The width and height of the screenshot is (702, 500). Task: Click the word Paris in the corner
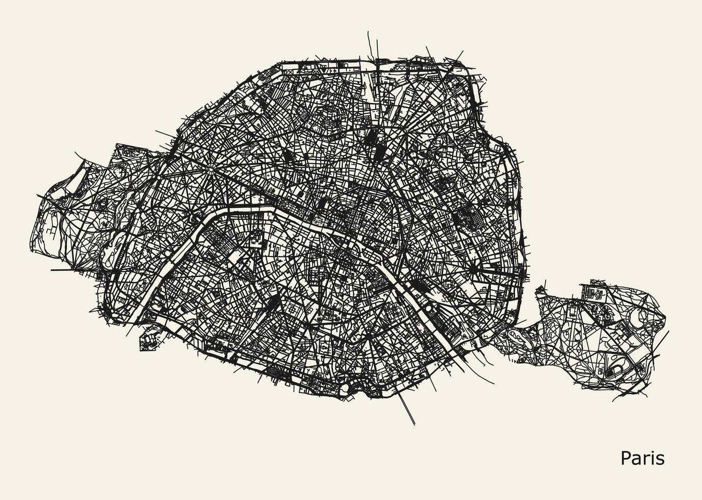coord(642,458)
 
